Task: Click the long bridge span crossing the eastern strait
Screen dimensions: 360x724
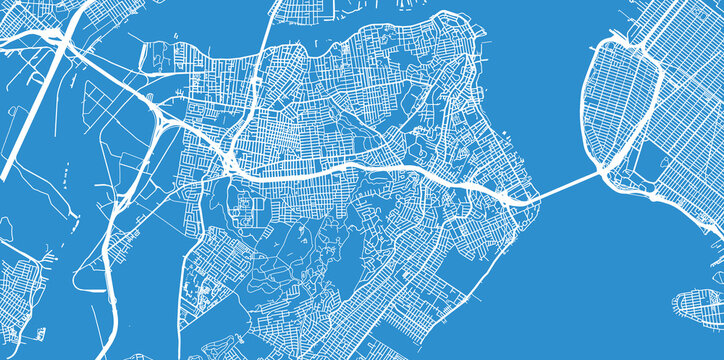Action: tap(565, 184)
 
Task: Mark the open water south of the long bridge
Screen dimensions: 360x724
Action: tap(600, 270)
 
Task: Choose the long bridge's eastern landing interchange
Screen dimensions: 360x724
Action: tap(610, 174)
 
